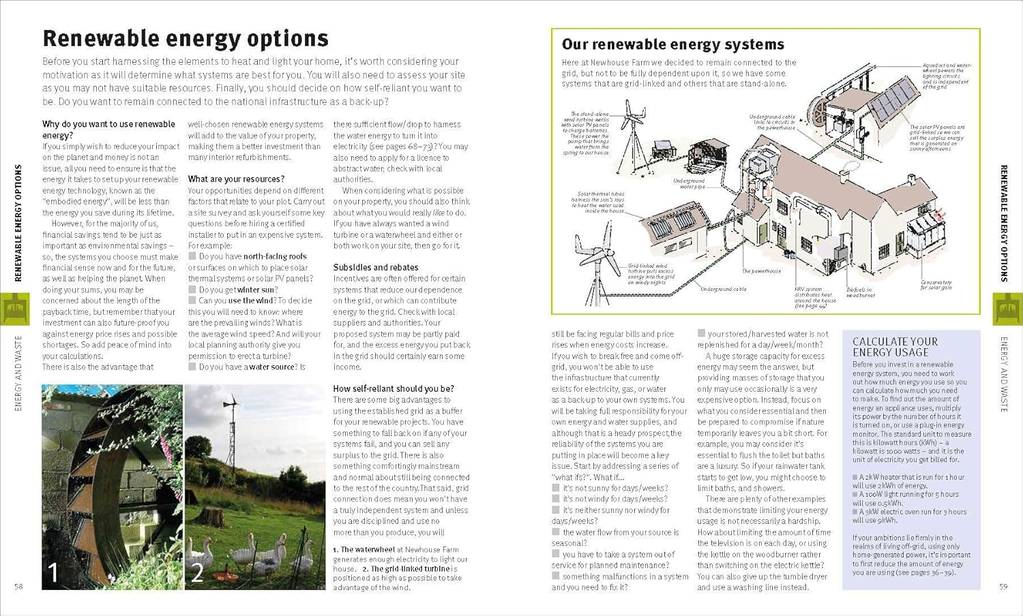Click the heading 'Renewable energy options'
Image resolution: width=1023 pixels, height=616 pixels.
click(186, 38)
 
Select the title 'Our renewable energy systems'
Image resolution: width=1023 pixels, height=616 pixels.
click(672, 44)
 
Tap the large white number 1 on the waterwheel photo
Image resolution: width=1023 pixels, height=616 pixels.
click(53, 572)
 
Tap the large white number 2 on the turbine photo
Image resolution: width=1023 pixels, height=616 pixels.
click(197, 572)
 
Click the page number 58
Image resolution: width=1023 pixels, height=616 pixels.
click(18, 587)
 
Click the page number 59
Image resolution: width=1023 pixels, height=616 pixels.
click(1003, 587)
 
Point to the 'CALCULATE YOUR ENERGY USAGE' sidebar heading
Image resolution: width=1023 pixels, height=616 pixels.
click(895, 347)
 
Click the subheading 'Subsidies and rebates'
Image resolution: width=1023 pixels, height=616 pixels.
click(376, 268)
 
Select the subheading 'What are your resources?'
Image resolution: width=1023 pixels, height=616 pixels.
click(236, 179)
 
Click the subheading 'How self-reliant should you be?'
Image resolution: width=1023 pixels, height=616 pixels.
click(394, 389)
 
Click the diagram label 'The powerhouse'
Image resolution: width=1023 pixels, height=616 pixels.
click(762, 271)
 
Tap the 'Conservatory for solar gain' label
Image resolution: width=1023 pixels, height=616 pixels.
click(936, 285)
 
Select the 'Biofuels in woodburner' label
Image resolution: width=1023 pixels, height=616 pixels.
click(860, 292)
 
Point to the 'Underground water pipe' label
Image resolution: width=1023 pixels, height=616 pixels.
click(689, 183)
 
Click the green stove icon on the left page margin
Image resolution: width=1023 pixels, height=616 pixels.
click(15, 309)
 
